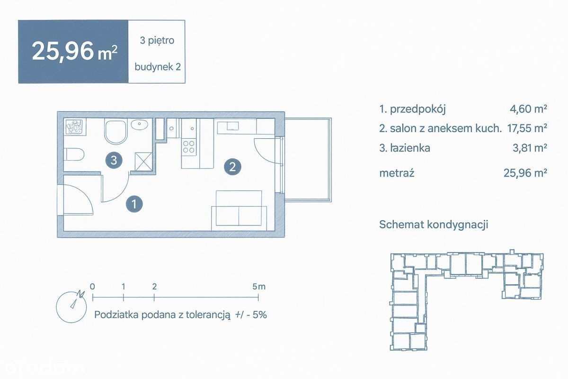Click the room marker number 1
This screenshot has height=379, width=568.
134,204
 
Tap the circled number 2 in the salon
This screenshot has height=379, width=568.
232,167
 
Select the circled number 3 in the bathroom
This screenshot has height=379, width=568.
114,160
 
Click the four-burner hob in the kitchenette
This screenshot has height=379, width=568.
189,146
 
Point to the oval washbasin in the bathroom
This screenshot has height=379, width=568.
139,125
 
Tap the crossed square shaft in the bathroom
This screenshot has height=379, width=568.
143,162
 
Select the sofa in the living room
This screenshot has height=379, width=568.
239,211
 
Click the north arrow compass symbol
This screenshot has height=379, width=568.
71,307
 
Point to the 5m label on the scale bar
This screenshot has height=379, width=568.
258,287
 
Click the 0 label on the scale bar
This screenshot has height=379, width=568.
92,287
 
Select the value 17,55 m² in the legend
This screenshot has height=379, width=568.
527,128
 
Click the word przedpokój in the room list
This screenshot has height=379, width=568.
417,109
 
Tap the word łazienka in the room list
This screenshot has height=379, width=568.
410,148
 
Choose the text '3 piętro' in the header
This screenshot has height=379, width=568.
157,41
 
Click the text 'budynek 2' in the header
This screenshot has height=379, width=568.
158,67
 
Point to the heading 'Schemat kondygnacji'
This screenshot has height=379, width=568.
434,225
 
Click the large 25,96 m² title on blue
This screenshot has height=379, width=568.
75,52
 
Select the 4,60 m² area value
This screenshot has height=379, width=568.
528,108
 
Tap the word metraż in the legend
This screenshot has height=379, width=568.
397,173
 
